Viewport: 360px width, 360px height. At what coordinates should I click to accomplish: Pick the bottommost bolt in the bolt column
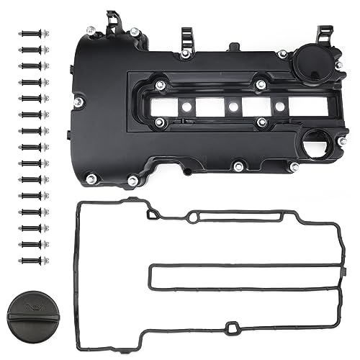tap(33, 260)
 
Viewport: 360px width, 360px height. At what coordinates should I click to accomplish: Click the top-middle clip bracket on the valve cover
tap(186, 35)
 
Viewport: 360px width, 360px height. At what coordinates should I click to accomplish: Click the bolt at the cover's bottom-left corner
tap(92, 179)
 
